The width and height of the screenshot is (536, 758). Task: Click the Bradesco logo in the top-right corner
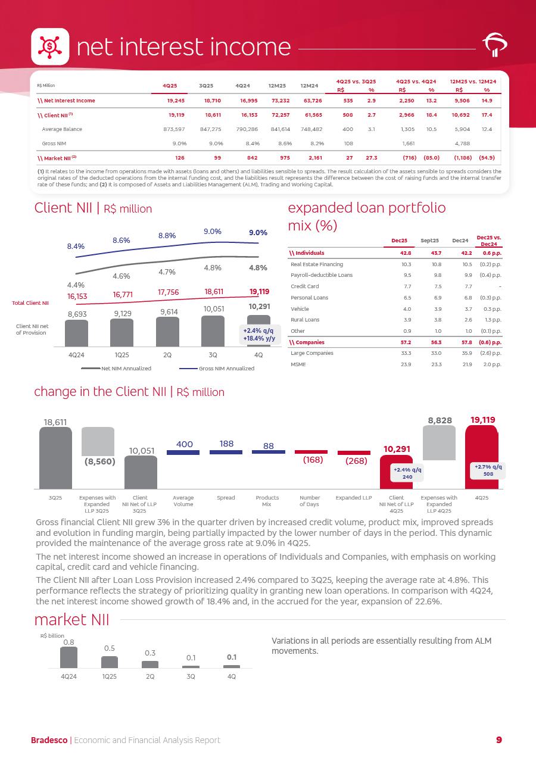tap(494, 46)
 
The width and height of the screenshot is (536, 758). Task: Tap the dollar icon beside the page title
tap(50, 46)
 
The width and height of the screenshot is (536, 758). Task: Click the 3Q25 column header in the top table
tap(213, 85)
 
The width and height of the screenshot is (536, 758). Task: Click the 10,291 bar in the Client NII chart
tap(258, 330)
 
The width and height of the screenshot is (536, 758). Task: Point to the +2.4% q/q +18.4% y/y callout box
tap(258, 335)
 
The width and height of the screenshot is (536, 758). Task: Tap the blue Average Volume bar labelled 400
tap(183, 453)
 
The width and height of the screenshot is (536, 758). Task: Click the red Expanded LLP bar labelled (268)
tap(354, 453)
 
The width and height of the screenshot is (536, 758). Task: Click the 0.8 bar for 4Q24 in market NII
tap(68, 657)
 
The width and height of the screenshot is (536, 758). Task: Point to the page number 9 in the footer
tap(499, 740)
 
